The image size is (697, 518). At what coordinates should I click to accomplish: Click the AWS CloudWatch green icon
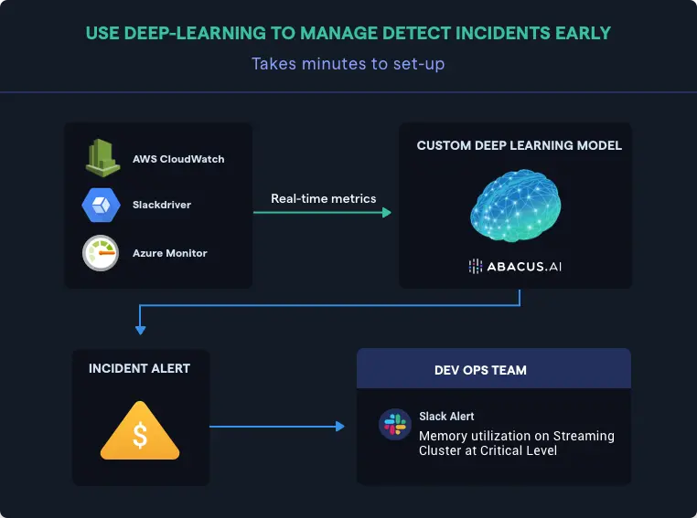(102, 158)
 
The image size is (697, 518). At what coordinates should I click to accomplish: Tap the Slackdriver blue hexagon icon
(101, 205)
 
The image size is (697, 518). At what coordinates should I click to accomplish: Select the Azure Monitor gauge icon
(101, 253)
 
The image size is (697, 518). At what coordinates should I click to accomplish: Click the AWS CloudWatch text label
(178, 159)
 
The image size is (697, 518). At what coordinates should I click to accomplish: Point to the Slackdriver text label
(162, 206)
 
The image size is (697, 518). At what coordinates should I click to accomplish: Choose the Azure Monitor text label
(170, 253)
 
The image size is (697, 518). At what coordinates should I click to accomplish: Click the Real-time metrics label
(323, 198)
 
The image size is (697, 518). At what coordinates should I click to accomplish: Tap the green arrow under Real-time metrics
(322, 213)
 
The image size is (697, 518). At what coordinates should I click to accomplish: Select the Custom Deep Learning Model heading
(519, 146)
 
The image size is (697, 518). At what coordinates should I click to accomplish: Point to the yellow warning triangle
(140, 432)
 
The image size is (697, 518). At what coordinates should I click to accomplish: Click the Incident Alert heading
(140, 368)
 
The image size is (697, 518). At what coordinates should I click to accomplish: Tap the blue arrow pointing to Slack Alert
(277, 426)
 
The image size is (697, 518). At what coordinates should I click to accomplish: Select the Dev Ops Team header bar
(494, 370)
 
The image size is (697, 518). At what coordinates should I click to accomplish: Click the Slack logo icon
(395, 425)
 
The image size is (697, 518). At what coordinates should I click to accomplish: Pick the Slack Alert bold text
(446, 417)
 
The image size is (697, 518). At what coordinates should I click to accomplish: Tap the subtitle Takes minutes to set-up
(348, 64)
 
